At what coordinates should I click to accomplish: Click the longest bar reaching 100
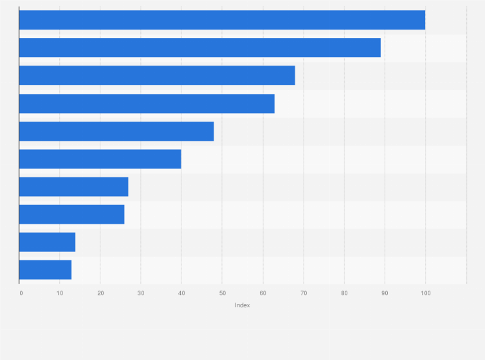pos(222,20)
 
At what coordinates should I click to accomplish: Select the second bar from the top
pos(199,48)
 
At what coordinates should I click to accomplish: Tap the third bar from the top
pos(157,75)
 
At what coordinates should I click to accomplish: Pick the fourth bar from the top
pos(147,104)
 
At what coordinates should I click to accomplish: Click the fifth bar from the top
pos(116,131)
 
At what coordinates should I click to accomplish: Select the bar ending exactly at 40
pos(100,159)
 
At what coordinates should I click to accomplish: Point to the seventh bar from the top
pos(73,186)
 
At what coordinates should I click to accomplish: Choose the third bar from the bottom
pos(71,214)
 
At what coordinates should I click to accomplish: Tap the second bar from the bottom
pos(47,242)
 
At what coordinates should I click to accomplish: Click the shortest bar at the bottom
pos(45,270)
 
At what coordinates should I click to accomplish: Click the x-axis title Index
pos(243,305)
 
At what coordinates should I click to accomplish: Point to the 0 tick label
pos(21,294)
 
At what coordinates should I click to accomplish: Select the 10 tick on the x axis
pos(60,294)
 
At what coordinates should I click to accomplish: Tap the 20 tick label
pos(100,294)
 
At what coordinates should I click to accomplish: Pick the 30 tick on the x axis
pos(141,294)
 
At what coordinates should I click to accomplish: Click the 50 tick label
pos(222,294)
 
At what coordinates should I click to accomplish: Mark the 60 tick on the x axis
pos(262,294)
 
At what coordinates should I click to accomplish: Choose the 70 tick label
pos(303,294)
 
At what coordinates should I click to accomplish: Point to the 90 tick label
pos(385,294)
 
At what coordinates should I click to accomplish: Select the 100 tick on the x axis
pos(425,294)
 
